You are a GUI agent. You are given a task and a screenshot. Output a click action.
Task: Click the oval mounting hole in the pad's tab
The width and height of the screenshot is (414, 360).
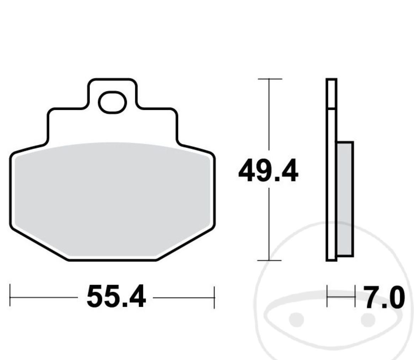112,102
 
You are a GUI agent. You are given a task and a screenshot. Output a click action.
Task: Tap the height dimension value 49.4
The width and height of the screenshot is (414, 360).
268,171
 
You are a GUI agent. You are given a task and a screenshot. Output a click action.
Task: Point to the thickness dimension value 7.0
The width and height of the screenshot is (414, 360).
384,297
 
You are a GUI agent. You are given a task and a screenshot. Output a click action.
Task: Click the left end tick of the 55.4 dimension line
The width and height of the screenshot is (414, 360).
10,295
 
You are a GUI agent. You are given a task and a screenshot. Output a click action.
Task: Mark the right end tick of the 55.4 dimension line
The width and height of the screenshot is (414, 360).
214,297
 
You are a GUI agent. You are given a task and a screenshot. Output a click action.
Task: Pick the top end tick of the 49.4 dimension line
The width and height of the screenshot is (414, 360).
269,79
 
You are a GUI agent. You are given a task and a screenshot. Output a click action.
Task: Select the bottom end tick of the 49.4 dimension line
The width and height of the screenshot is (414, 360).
269,260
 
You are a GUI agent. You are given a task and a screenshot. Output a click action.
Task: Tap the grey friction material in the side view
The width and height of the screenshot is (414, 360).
344,199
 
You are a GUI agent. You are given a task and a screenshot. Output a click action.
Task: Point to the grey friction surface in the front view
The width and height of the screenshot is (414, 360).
112,199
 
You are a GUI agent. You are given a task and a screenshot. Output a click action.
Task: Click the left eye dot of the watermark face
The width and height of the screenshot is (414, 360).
296,319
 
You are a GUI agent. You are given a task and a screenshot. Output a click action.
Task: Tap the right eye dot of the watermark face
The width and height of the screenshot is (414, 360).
368,319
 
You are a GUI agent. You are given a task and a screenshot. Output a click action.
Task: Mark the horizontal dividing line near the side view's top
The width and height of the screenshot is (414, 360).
331,108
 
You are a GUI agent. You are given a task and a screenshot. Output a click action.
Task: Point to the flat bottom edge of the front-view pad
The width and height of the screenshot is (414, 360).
112,260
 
